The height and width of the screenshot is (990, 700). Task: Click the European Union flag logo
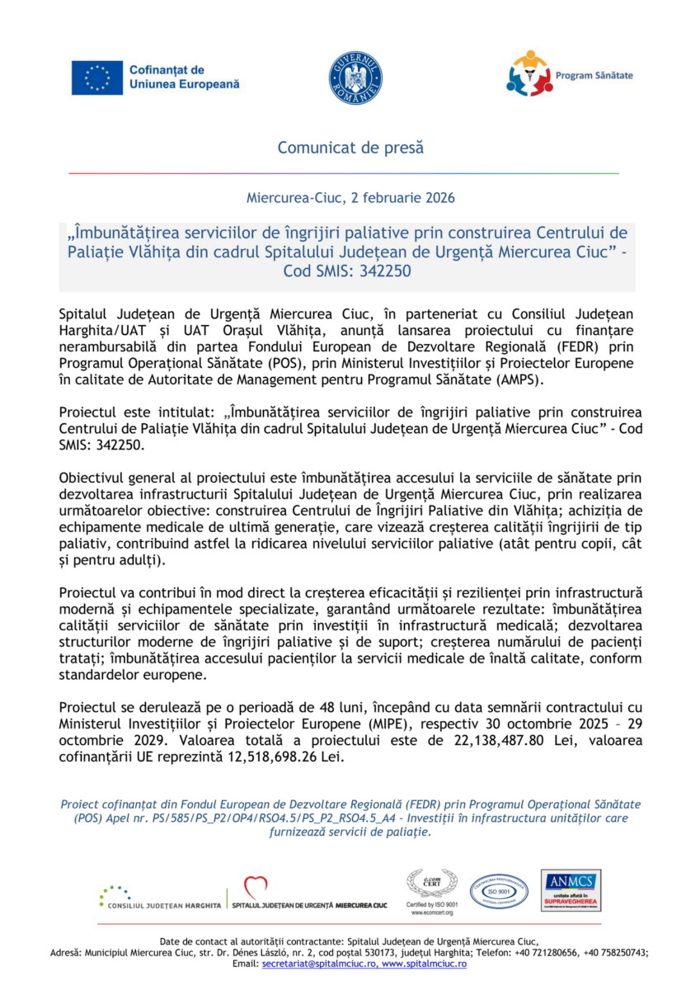96,78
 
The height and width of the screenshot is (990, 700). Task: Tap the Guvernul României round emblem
355,78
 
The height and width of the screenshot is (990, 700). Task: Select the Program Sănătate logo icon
529,73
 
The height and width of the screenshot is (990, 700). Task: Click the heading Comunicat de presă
350,148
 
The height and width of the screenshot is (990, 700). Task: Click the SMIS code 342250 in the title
382,271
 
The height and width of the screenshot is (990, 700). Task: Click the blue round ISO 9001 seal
499,891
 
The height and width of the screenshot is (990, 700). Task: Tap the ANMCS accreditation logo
571,891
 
